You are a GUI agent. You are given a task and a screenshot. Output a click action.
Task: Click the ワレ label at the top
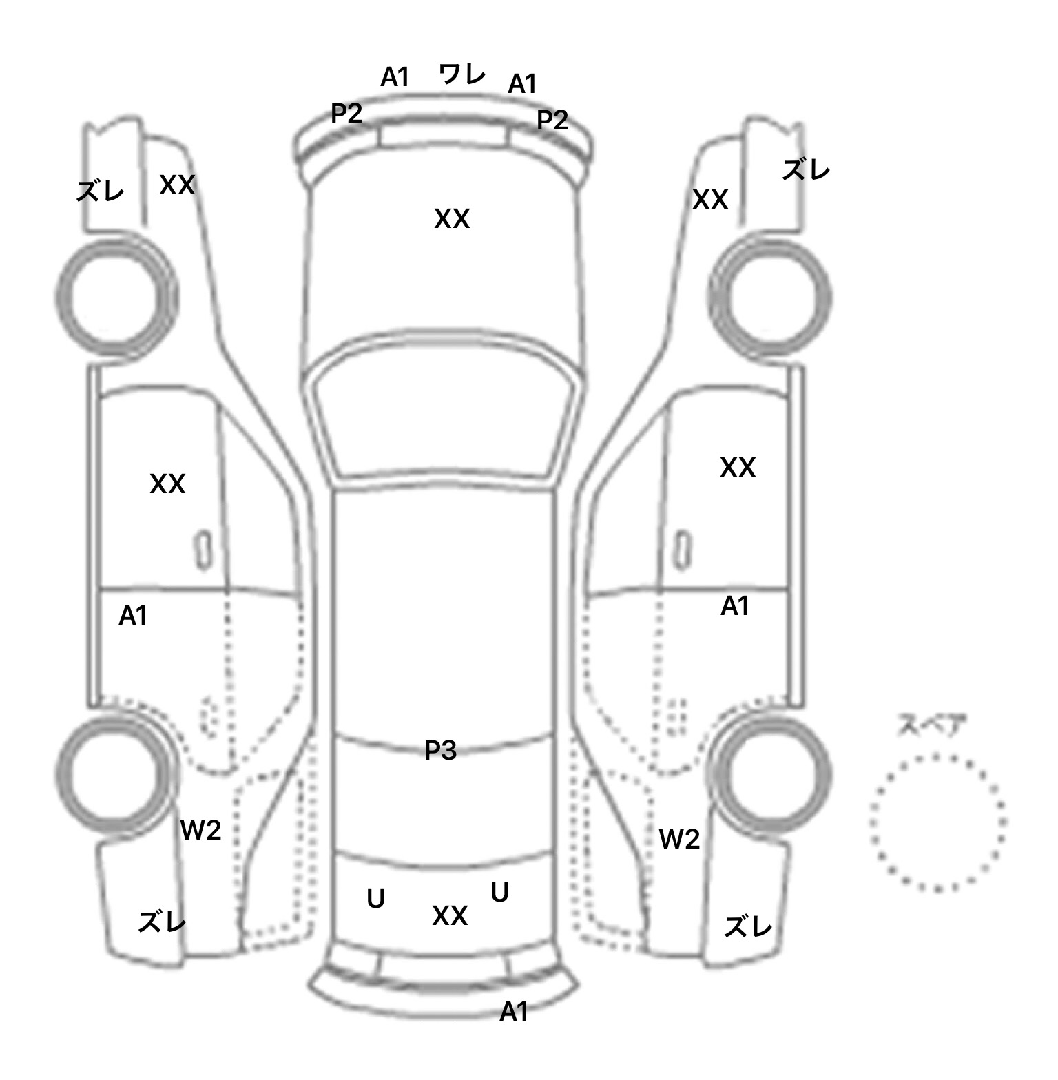click(x=461, y=74)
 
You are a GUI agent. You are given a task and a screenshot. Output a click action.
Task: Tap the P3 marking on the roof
click(x=440, y=751)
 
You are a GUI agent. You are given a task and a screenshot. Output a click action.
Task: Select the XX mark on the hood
click(x=452, y=219)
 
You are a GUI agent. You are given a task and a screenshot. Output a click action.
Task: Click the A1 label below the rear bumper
click(x=514, y=1012)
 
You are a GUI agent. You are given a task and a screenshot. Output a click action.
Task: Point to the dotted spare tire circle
click(x=937, y=822)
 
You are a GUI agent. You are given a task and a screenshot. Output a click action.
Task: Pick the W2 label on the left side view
click(x=200, y=831)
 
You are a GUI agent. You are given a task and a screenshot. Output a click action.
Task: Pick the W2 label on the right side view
click(x=679, y=839)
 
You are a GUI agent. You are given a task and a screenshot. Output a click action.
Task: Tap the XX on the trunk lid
click(x=450, y=916)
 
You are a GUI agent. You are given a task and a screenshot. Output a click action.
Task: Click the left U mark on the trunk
click(x=375, y=899)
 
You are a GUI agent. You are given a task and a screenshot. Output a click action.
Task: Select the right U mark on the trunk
click(x=499, y=893)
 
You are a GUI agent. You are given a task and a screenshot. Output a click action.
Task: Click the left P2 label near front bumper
click(x=346, y=114)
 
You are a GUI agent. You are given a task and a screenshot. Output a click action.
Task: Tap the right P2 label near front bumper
click(x=552, y=121)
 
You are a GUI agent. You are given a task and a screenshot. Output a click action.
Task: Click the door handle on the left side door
click(x=203, y=550)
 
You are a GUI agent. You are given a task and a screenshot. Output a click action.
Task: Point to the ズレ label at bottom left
click(x=162, y=922)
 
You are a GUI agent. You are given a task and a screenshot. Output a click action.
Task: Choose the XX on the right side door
click(x=738, y=468)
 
